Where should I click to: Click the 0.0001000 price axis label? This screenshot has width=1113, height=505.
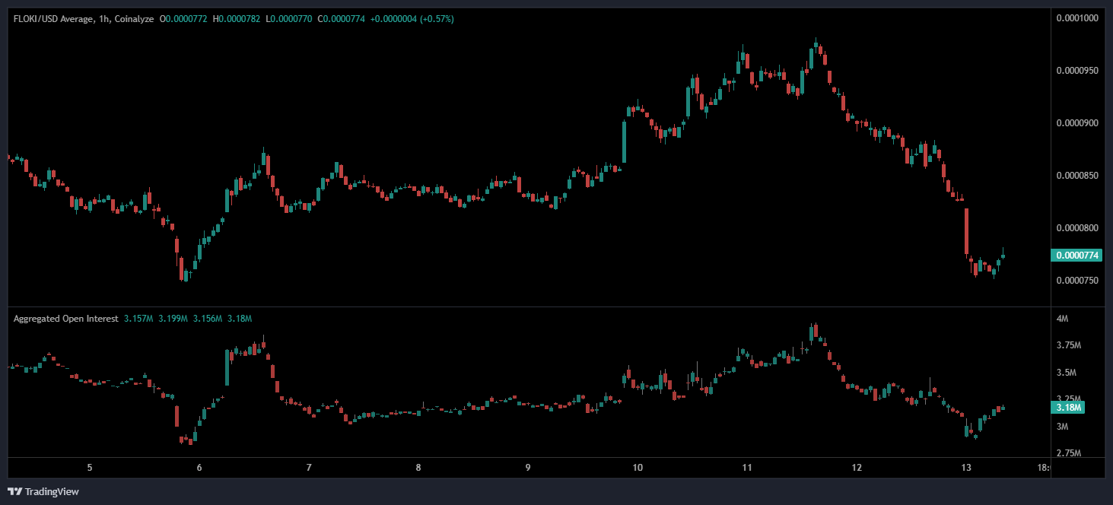(1078, 18)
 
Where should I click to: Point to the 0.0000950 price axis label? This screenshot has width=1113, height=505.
(1078, 71)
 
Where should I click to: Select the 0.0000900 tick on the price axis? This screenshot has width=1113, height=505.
(1078, 123)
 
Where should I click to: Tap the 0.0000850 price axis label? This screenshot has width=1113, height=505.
(1078, 176)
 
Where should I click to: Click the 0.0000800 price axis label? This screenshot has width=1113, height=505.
(1078, 228)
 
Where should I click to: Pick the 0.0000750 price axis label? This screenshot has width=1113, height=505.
(1078, 281)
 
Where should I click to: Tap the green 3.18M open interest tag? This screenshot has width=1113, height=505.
(1068, 408)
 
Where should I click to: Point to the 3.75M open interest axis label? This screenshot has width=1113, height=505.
(1068, 345)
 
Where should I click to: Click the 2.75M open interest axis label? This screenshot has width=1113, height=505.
(1068, 453)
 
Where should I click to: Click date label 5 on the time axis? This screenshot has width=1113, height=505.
(90, 468)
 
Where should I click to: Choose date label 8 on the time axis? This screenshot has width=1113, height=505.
(418, 468)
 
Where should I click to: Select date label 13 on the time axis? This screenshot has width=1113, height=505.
(966, 468)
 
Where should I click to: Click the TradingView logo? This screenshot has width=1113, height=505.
(43, 491)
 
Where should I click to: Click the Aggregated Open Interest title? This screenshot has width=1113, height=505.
(65, 319)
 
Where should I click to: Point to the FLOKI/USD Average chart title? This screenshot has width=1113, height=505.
(52, 18)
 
